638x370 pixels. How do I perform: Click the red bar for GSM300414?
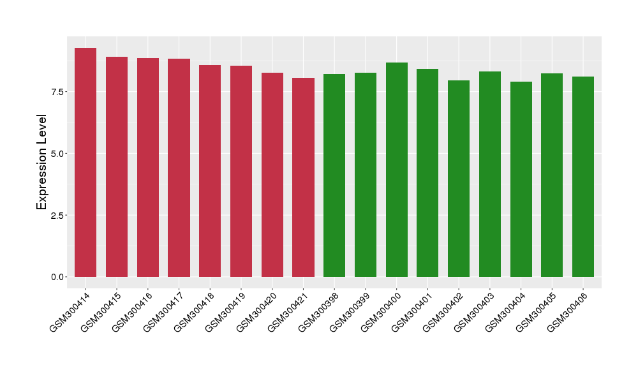[85, 163]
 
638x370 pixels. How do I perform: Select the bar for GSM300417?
[179, 168]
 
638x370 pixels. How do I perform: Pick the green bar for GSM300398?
[334, 175]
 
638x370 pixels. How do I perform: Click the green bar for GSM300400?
[397, 170]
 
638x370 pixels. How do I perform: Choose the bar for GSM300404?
[521, 179]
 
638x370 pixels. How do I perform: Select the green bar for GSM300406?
[583, 177]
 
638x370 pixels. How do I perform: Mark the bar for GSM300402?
[459, 179]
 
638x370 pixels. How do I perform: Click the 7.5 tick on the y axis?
[58, 92]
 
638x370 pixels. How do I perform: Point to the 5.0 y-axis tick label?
[58, 154]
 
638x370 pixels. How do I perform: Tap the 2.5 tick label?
[58, 215]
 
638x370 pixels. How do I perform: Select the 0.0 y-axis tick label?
[58, 277]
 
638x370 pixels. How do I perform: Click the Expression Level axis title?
[42, 162]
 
